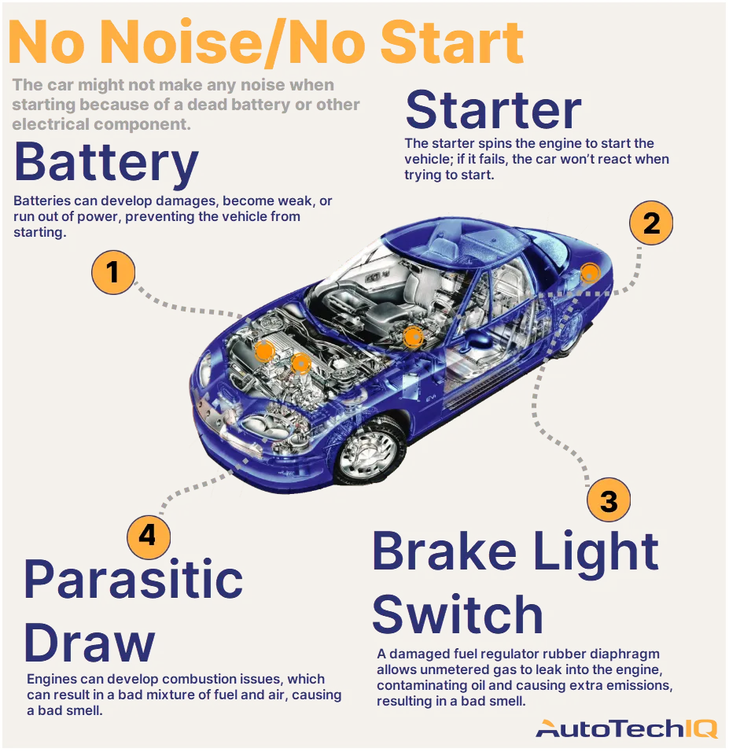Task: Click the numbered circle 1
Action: click(x=113, y=272)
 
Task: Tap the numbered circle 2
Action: click(x=651, y=223)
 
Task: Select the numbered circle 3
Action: click(x=608, y=500)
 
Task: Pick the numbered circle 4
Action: click(x=148, y=536)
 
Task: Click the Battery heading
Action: click(x=106, y=163)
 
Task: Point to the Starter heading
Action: click(x=493, y=110)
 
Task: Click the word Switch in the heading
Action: click(x=457, y=614)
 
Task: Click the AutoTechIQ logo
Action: click(x=626, y=728)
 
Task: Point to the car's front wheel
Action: click(x=366, y=454)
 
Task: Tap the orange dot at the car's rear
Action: click(x=589, y=274)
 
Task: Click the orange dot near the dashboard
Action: click(x=412, y=337)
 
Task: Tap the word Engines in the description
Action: click(x=52, y=679)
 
